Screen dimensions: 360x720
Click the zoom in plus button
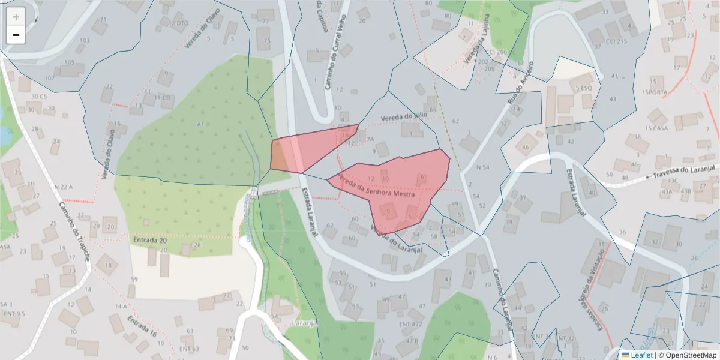(x=16, y=17)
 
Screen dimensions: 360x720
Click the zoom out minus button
(x=16, y=35)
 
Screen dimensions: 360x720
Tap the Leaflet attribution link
(x=641, y=355)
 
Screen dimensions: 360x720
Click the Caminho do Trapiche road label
(x=74, y=231)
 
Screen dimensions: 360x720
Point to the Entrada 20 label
(x=149, y=240)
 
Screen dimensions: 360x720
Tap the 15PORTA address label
(x=654, y=92)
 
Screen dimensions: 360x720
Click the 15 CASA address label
(x=656, y=128)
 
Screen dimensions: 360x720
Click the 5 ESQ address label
(x=584, y=88)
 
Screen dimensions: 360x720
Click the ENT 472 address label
(x=410, y=324)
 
